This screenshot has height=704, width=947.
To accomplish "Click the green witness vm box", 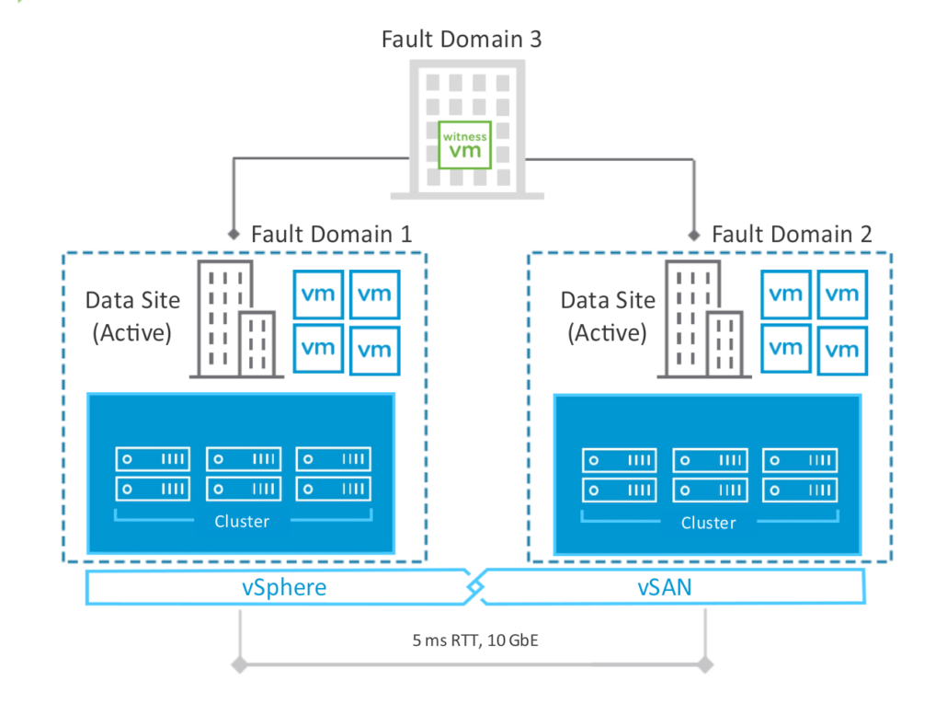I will [464, 144].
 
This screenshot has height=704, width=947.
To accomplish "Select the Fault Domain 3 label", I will [462, 40].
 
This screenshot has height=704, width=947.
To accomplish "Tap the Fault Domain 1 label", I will [331, 234].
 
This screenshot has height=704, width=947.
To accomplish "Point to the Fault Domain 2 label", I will [793, 234].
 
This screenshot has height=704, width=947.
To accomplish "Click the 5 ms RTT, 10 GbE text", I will [473, 640].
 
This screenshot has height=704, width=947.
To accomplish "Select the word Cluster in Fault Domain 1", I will [242, 522].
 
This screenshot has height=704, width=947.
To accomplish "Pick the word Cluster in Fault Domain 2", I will [708, 523].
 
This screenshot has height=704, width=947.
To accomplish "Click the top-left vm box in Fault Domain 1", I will [318, 294].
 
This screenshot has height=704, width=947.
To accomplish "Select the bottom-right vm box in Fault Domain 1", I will [374, 349].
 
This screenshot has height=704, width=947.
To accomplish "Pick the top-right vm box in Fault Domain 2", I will [841, 294].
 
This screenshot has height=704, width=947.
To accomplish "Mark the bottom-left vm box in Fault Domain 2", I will [785, 349].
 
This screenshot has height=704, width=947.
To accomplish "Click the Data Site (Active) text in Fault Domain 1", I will [132, 316].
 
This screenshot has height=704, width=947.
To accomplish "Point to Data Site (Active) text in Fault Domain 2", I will [608, 316].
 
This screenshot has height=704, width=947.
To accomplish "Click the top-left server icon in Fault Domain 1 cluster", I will [153, 457].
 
